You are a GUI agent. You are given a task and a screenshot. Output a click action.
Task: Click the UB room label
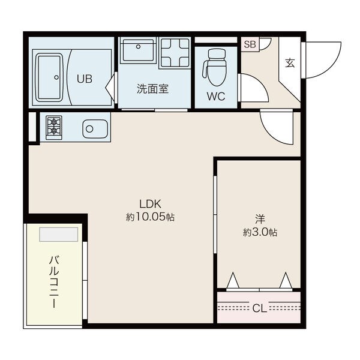(x=85, y=79)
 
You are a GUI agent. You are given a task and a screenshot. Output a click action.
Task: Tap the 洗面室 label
(x=152, y=89)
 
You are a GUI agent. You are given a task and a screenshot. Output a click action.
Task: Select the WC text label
(x=216, y=97)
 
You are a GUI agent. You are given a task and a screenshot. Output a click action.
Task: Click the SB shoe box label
(x=250, y=44)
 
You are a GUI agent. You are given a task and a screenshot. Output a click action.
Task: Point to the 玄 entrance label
(x=290, y=62)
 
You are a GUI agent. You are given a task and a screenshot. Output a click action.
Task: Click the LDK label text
(x=150, y=204)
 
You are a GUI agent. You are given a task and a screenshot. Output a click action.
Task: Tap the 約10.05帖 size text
(x=150, y=217)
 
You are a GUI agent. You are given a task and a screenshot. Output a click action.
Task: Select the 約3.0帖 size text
(x=260, y=232)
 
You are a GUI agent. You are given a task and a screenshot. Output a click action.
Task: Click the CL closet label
(x=260, y=308)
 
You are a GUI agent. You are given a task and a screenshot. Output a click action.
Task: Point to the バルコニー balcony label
(x=55, y=282)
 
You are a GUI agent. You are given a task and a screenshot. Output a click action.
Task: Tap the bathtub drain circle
(x=56, y=77)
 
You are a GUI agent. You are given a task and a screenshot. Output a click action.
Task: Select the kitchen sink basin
(x=95, y=129)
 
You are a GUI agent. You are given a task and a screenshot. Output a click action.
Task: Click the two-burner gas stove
(x=54, y=127)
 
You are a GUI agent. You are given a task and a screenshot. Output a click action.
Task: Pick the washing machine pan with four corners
(x=175, y=53)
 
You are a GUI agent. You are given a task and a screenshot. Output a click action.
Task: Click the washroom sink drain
(x=138, y=47)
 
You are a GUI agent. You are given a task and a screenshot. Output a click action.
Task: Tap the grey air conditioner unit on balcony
(x=59, y=235)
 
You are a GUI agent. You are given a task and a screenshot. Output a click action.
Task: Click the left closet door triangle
(x=233, y=280)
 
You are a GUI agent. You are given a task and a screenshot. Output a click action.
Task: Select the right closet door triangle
(x=286, y=280)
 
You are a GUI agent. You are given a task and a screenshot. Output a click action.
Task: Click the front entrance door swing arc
(x=331, y=65)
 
